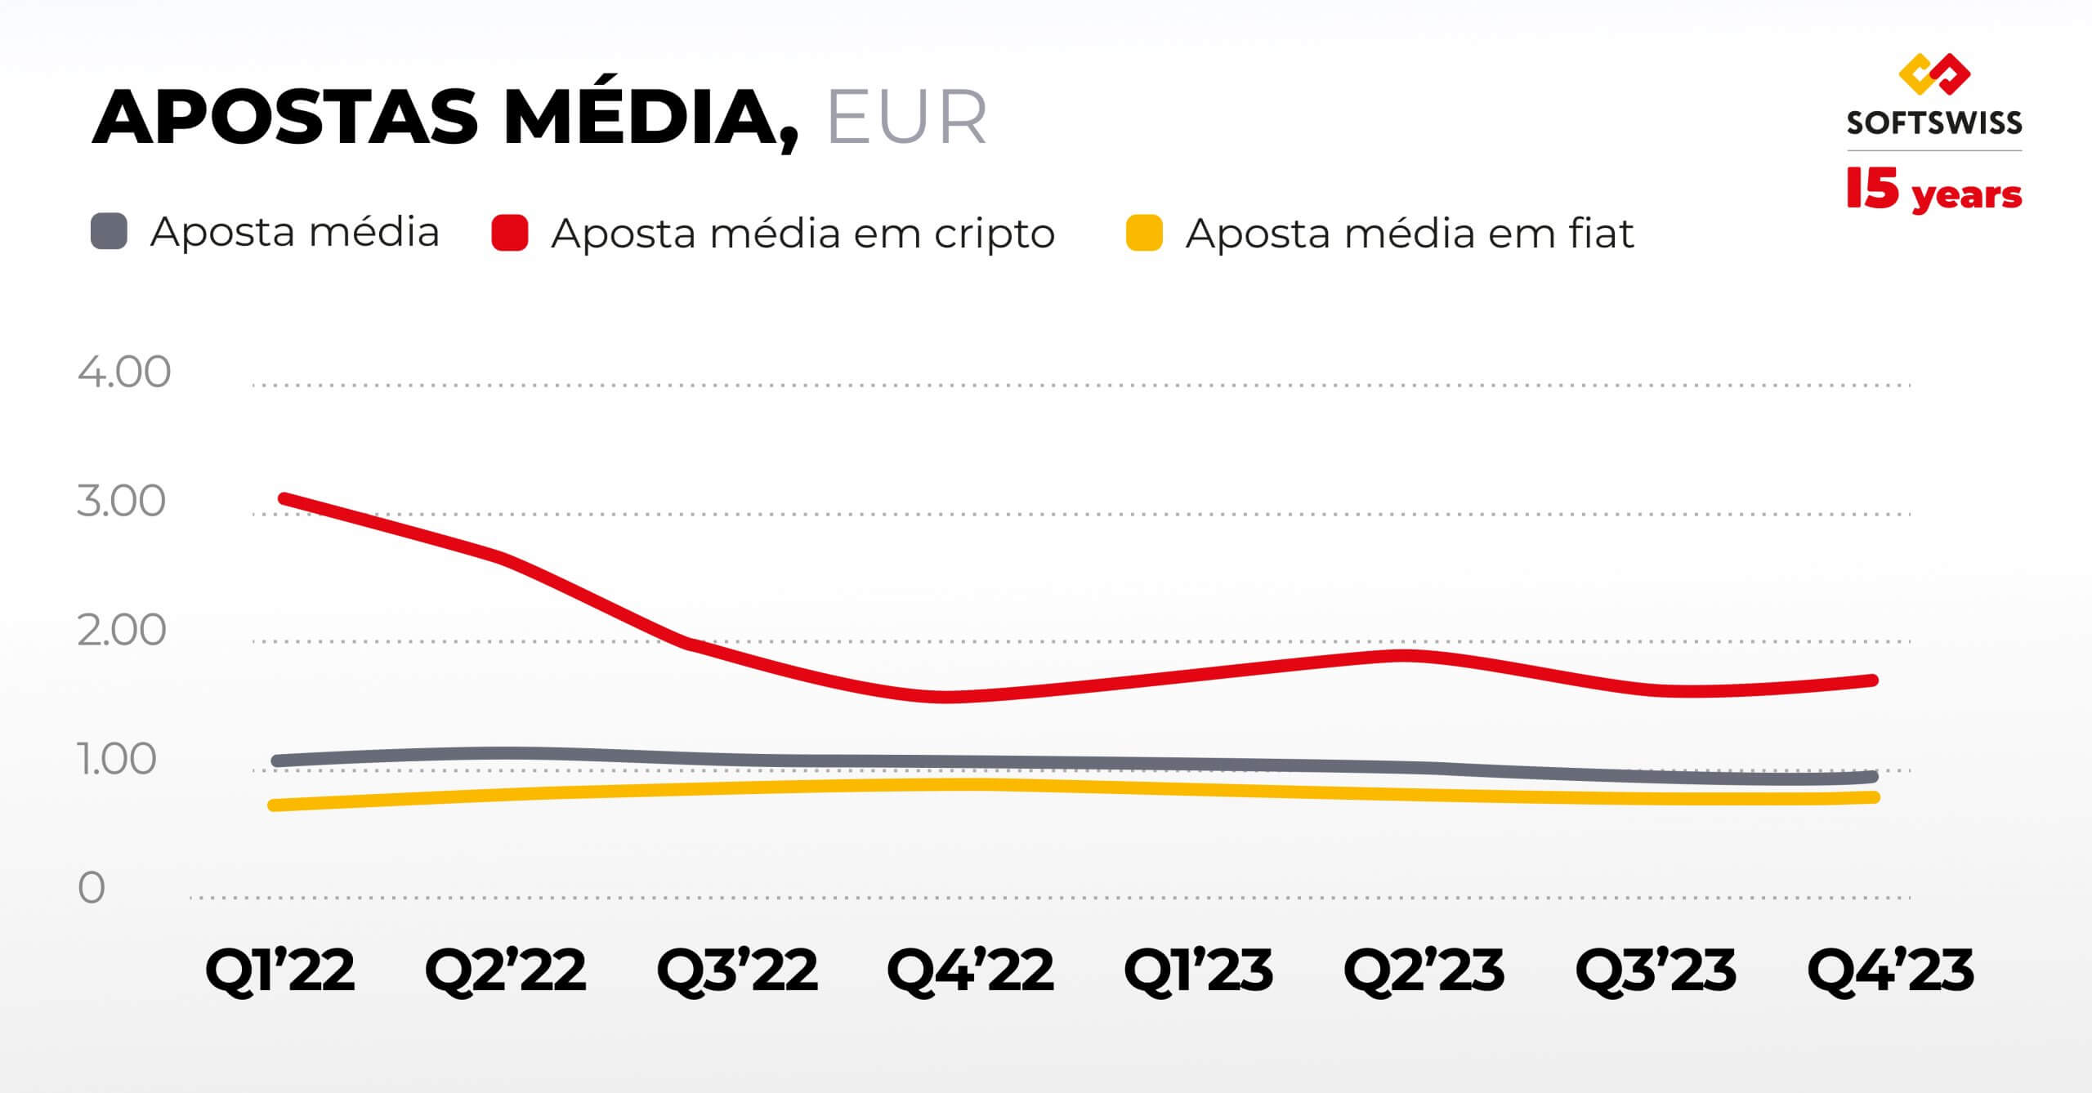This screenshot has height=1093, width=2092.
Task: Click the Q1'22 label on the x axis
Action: (x=279, y=970)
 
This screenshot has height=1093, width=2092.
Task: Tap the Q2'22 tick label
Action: (x=505, y=970)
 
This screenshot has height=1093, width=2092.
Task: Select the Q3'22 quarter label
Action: (x=737, y=970)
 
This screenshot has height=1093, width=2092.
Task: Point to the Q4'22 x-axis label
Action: (x=970, y=970)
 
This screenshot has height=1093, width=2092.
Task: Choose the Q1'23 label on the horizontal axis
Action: (x=1198, y=970)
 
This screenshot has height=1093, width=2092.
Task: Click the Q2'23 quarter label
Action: (x=1424, y=970)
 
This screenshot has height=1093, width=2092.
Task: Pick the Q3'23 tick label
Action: (x=1656, y=970)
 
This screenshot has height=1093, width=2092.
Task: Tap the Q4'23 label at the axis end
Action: (x=1890, y=970)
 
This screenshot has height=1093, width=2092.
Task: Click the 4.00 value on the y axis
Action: (x=124, y=373)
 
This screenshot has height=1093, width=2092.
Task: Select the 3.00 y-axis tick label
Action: (x=122, y=502)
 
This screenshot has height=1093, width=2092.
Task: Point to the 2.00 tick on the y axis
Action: (x=122, y=631)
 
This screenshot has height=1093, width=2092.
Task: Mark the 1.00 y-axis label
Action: (x=117, y=760)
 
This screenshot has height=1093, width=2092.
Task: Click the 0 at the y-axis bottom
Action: (x=92, y=888)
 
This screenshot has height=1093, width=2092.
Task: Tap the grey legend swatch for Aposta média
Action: (x=109, y=231)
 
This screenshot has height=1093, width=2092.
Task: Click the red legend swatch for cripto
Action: (x=509, y=233)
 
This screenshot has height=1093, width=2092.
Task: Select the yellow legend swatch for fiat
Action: (x=1144, y=233)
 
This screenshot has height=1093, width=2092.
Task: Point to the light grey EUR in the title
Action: (x=906, y=118)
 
